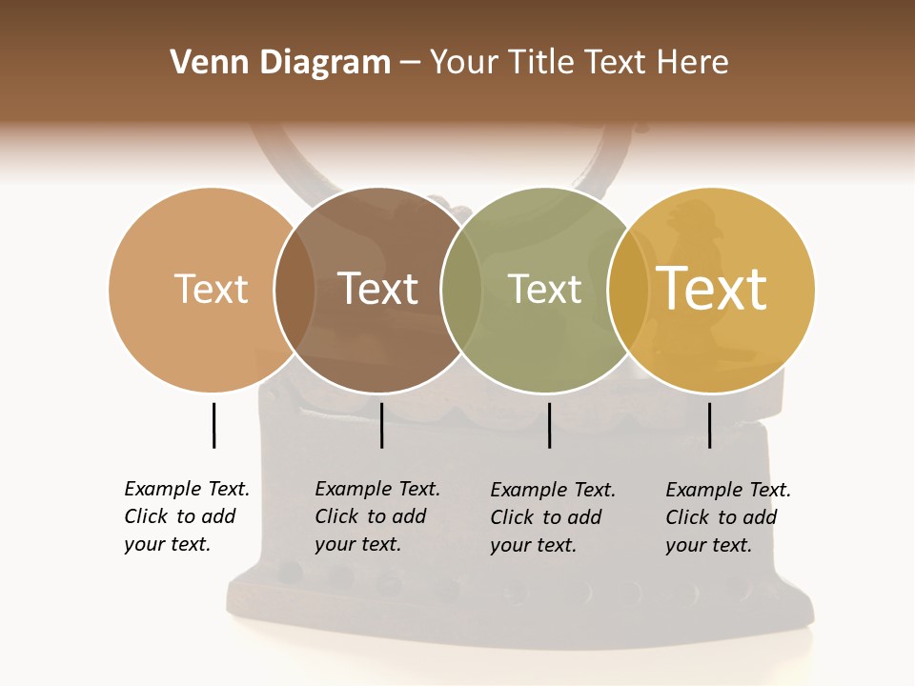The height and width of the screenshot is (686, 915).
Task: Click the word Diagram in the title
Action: pyautogui.click(x=324, y=63)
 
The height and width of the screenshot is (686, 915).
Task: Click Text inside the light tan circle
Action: pyautogui.click(x=211, y=289)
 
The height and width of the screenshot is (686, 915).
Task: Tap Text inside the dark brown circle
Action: pyautogui.click(x=377, y=289)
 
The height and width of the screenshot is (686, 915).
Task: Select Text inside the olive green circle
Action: pyautogui.click(x=544, y=289)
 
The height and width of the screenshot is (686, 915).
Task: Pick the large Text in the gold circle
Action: pyautogui.click(x=712, y=289)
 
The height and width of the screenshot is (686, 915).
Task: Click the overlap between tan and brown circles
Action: pyautogui.click(x=295, y=290)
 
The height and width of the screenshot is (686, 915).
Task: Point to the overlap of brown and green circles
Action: pyautogui.click(x=461, y=290)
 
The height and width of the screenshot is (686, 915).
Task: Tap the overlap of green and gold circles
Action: pyautogui.click(x=628, y=290)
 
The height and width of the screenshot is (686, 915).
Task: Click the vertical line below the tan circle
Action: pyautogui.click(x=213, y=425)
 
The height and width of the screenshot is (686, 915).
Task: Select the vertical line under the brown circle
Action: pyautogui.click(x=381, y=425)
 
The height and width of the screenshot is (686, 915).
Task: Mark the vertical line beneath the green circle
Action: pyautogui.click(x=549, y=425)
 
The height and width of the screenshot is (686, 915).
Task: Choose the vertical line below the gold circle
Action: pyautogui.click(x=709, y=425)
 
